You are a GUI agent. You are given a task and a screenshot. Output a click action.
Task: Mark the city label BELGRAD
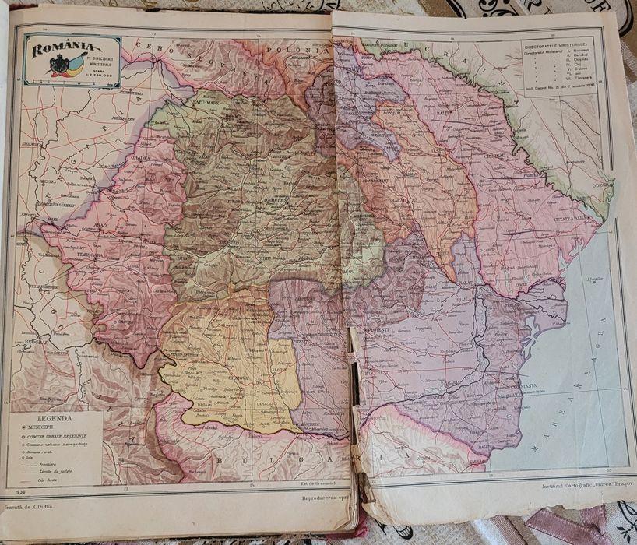point(33,343)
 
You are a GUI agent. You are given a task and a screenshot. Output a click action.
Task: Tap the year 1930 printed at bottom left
point(22,492)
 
